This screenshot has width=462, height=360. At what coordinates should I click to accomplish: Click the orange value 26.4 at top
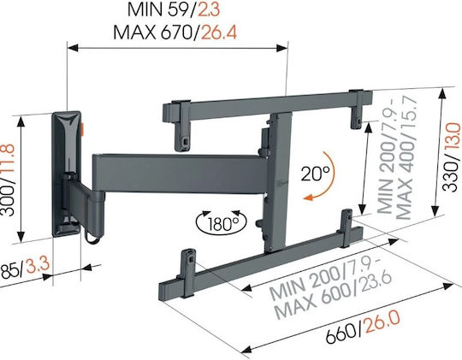218,32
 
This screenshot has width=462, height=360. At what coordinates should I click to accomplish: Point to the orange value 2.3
209,10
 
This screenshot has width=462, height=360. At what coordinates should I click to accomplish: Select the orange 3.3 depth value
38,265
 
